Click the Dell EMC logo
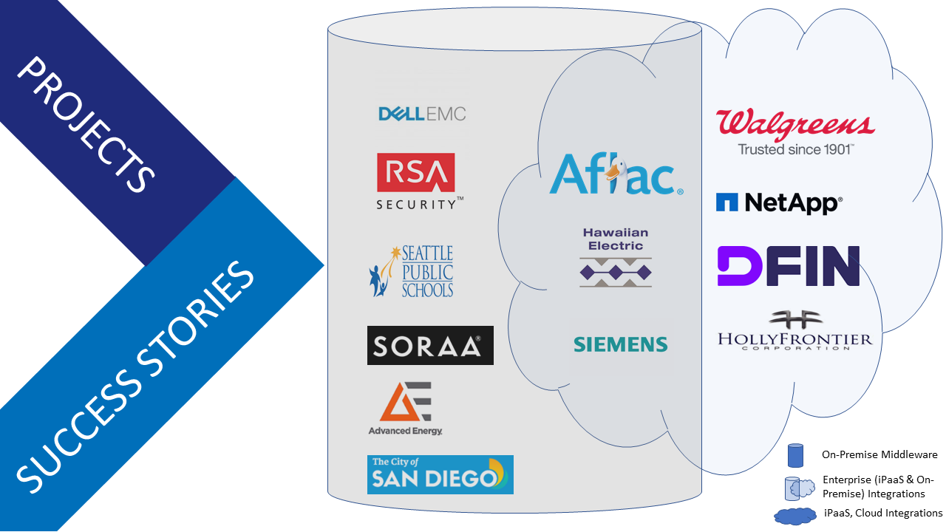(x=422, y=113)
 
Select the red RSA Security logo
(x=416, y=181)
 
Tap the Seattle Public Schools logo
(x=412, y=272)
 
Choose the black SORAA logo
(x=430, y=345)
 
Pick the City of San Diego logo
(x=440, y=474)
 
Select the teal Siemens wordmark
(x=620, y=344)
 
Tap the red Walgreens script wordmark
(x=795, y=123)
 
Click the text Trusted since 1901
(x=795, y=149)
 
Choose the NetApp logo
(x=779, y=202)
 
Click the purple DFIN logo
(x=788, y=266)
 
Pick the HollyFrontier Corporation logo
(x=795, y=331)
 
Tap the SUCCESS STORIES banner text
(x=137, y=377)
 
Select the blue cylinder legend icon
(x=794, y=455)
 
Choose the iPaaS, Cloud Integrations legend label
(x=882, y=513)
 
